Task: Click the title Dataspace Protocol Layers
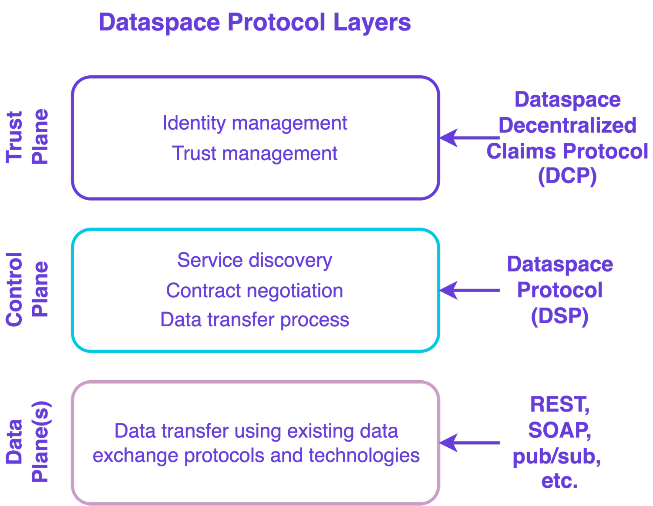254,23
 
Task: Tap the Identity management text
255,123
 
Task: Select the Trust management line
255,154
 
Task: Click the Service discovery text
255,261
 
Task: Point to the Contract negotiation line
255,291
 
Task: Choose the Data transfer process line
255,320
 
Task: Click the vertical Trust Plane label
27,137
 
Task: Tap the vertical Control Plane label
27,289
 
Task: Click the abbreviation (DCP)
567,176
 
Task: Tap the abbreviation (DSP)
560,316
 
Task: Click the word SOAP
559,431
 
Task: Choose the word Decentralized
567,126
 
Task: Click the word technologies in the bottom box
364,456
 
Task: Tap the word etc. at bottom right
559,481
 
